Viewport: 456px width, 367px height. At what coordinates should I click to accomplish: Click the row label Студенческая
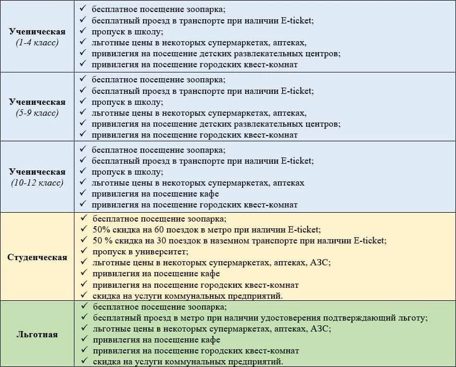coord(37,257)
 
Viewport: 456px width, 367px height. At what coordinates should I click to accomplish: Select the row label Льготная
coord(37,334)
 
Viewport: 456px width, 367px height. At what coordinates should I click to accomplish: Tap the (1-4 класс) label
coord(37,42)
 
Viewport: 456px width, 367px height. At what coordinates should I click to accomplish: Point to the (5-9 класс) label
coord(37,113)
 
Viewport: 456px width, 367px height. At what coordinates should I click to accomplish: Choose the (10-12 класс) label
coord(37,183)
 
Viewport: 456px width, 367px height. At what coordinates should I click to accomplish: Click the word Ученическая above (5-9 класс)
coord(37,102)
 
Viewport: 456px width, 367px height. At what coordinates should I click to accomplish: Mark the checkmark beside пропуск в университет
coord(84,251)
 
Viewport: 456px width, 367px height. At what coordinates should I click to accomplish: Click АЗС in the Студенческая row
coord(321,262)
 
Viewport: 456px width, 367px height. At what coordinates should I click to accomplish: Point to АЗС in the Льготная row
coord(321,328)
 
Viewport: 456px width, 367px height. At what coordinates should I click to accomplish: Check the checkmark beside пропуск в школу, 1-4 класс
coord(84,32)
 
